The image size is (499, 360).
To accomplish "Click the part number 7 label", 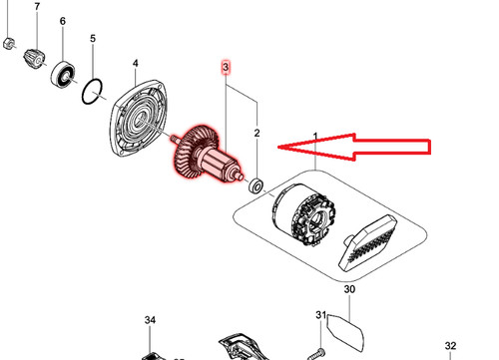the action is pos(37,6).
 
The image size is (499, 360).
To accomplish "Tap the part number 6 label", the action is pos(63,21).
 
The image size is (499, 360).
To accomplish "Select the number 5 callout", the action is pos(93,38).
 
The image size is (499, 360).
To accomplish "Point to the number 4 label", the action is pos(136,63).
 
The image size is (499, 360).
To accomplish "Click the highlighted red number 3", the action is pos(226,67).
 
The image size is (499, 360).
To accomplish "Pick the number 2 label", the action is pos(256,134).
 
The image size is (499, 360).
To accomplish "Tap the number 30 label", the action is pos(349,289).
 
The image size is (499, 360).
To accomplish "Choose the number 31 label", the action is pos(320,314).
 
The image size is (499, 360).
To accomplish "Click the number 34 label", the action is pos(150,320).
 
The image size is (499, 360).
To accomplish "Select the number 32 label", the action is pos(450,346).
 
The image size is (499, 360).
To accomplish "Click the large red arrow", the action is pos(354,147).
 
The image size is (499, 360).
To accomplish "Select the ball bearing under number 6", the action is pos(63,74).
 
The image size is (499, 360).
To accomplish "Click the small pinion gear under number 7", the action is pos(34,59).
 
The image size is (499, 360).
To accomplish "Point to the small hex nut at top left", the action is pos(9,43).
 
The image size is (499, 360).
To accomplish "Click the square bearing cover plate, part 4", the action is pos(139,118).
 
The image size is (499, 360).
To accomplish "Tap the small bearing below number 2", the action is pos(256,185).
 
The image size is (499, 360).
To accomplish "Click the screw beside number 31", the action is pos(315,354).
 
